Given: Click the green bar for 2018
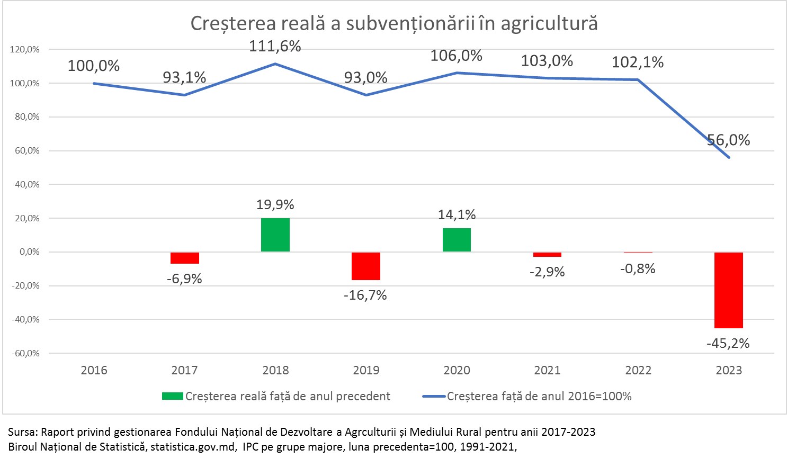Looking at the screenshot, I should point(275,235).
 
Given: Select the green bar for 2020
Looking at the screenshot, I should point(457,240).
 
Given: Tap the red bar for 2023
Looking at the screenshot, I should point(729,290).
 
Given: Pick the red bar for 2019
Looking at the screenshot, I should point(366,266).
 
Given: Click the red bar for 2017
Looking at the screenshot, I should point(185,258).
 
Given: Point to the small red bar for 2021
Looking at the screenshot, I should point(547,255).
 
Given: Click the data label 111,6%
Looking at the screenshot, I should point(275,47).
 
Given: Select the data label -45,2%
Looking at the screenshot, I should point(728,343).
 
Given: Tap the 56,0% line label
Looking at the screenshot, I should point(729,140).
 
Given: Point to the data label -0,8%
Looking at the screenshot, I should point(638,269).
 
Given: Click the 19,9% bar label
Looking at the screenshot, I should point(275,205).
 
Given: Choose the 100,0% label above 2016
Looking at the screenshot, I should point(94,66).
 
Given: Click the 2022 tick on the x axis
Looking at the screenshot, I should point(638,370).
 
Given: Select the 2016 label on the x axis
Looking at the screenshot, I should point(94,370).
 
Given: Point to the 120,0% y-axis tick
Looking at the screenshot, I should point(25,49).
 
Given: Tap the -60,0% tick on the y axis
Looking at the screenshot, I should point(25,353).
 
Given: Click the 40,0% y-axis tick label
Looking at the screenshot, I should point(26,184).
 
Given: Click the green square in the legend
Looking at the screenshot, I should point(172,396).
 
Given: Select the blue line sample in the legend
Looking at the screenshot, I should point(434,396).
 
